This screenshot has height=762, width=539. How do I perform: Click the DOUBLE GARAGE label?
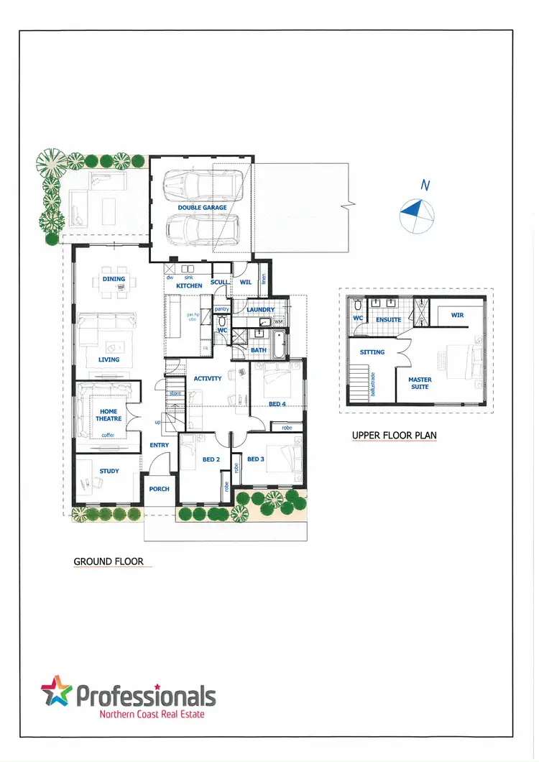click(202, 208)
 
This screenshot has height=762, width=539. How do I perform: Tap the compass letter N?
click(425, 185)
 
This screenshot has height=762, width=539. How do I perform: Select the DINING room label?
click(114, 279)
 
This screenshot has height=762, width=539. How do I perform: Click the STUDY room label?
click(109, 472)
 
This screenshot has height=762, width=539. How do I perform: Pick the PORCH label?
click(159, 489)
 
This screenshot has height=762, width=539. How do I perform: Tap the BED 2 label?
click(211, 459)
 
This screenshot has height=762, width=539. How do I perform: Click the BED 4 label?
click(277, 404)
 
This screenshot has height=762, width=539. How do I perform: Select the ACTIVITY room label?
click(208, 378)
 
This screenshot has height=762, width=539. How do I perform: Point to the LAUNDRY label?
click(260, 310)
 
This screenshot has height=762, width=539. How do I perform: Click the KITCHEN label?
click(189, 286)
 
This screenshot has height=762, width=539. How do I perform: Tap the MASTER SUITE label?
click(420, 383)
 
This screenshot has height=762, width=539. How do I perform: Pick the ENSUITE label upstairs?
click(388, 319)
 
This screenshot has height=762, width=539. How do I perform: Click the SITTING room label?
click(372, 352)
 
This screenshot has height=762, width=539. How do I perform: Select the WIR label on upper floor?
click(457, 316)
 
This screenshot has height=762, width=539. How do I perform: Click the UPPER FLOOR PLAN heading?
click(394, 436)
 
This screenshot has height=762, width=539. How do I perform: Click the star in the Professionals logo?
click(57, 692)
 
